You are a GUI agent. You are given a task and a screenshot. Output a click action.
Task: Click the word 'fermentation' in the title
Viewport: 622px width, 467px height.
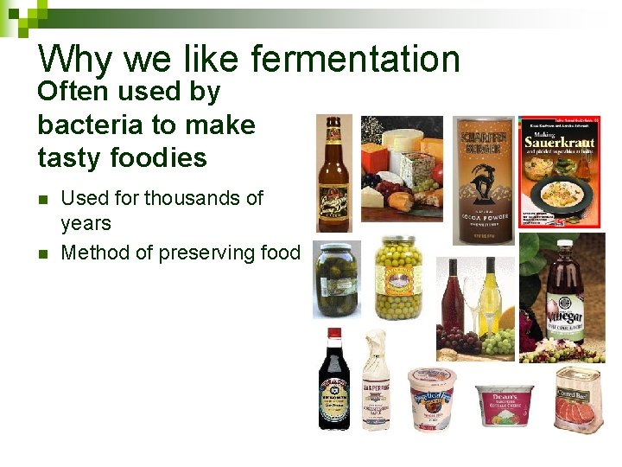[x=355, y=59]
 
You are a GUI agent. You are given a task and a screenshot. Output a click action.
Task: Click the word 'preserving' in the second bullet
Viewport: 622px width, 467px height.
[x=200, y=253]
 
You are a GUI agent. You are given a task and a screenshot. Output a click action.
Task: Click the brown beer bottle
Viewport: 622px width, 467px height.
[x=333, y=173]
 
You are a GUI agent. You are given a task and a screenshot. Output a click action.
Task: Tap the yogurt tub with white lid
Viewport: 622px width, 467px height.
[x=431, y=398]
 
